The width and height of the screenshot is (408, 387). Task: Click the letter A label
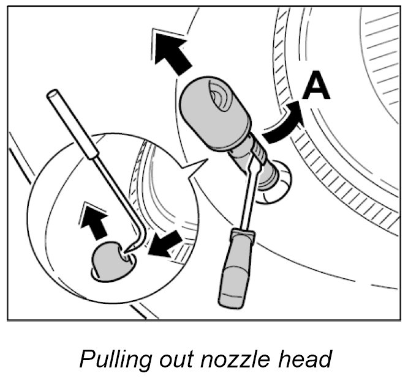tap(317, 87)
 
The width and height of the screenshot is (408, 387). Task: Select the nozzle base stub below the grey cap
tap(272, 183)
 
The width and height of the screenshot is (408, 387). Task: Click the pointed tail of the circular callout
tap(198, 163)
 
